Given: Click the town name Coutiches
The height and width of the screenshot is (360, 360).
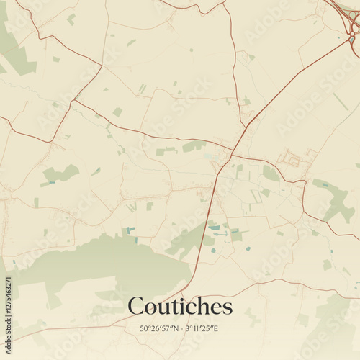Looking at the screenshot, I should pos(180,307).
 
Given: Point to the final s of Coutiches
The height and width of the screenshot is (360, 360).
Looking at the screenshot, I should pos(228,309).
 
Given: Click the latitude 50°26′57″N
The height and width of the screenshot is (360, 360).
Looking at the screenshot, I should pos(160,328).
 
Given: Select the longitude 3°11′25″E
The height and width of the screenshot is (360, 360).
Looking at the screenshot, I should pos(202,328).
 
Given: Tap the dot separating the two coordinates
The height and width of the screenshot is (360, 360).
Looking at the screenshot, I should pos(182,329).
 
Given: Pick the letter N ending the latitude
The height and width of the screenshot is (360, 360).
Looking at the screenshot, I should pos(176,328).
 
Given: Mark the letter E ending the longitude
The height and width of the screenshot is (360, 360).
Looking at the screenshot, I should pos(216,328).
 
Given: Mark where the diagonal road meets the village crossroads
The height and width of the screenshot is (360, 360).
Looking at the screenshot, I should pos(232,150).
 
